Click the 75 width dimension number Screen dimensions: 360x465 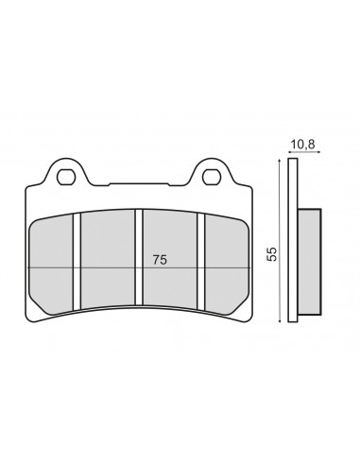click(160, 260)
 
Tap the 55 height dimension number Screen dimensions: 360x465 click(272, 253)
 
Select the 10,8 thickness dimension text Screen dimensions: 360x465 click(302, 145)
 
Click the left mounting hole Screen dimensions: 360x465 click(66, 177)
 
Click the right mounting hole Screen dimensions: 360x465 click(212, 177)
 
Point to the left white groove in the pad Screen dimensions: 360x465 click(77, 262)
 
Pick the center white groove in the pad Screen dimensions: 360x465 click(139, 257)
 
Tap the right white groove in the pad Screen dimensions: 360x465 click(201, 261)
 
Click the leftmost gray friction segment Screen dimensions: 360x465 click(51, 265)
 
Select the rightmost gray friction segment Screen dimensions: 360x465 click(227, 264)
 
